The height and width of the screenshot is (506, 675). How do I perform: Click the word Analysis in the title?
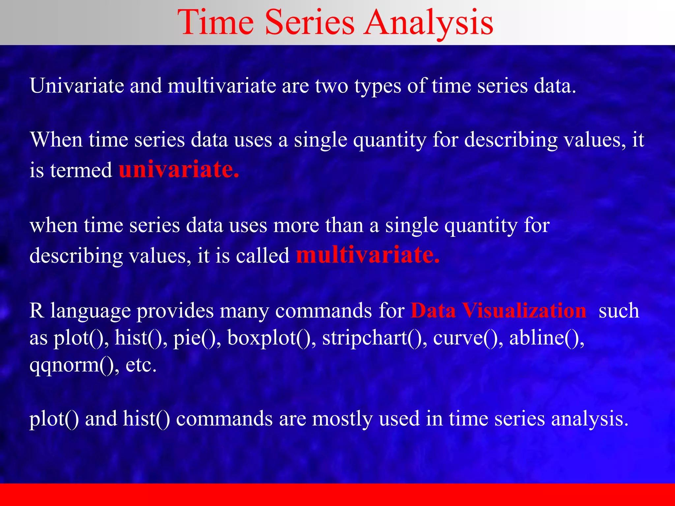[428, 23]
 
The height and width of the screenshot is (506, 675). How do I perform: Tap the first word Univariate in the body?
[77, 86]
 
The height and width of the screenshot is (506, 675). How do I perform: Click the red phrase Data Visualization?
[499, 310]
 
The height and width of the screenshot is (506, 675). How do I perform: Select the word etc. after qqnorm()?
[141, 365]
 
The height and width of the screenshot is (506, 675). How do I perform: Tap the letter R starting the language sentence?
[37, 310]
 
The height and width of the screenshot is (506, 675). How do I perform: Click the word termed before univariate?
[81, 170]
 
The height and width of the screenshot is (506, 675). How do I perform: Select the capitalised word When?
[56, 140]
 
